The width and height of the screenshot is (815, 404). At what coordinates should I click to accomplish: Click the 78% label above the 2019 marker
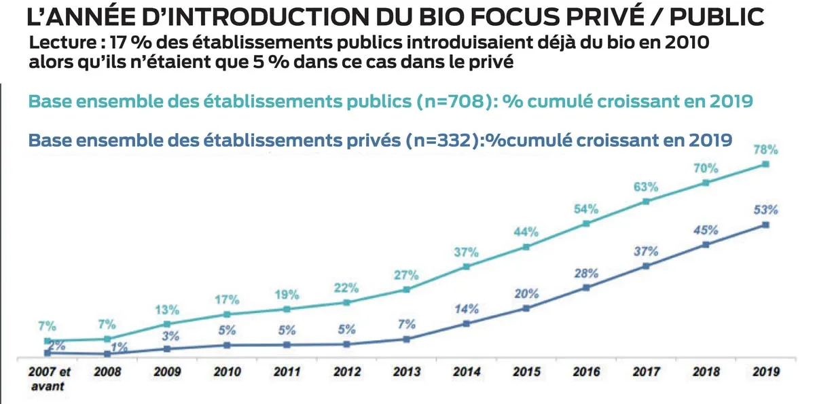(765, 149)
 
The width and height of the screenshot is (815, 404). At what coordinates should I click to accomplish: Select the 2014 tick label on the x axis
(467, 372)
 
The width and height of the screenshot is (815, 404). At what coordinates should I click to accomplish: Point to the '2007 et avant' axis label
(48, 379)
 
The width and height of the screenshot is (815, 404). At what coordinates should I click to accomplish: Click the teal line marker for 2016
(585, 223)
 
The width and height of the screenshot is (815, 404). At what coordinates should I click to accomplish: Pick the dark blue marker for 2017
(645, 266)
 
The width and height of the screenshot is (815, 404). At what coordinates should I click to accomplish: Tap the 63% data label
(646, 187)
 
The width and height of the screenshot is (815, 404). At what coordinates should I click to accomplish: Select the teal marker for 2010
(227, 314)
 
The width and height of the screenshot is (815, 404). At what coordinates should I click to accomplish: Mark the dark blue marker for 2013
(406, 339)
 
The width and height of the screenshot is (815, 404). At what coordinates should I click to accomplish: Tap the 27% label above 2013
(407, 276)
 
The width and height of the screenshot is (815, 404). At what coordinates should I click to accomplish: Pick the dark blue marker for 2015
(526, 308)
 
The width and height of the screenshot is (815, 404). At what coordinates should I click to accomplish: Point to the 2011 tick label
(287, 372)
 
